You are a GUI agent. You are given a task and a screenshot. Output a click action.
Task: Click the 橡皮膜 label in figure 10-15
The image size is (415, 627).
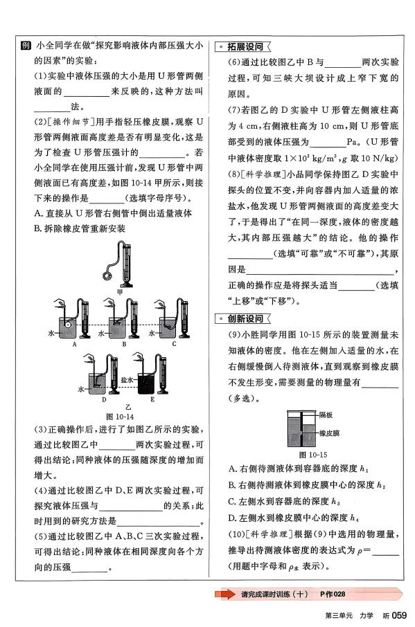coord(329,432)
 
